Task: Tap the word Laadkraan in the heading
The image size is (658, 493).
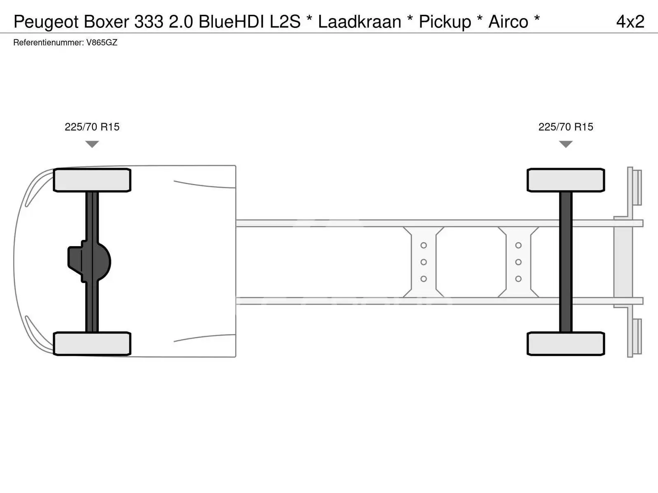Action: (x=359, y=21)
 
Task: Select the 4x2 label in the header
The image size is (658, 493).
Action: (x=630, y=21)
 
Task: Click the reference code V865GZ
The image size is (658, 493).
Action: (x=102, y=42)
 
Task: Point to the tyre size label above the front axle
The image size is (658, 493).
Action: (x=92, y=127)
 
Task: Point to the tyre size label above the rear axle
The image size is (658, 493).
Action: (x=565, y=127)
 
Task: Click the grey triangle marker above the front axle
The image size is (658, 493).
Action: (x=92, y=144)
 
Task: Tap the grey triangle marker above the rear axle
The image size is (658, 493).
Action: (x=565, y=144)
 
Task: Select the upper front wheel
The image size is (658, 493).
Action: (x=92, y=180)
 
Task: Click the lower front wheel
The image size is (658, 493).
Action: (x=92, y=343)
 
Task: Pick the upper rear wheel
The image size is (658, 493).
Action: (x=565, y=180)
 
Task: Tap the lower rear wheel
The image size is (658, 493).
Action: (x=565, y=343)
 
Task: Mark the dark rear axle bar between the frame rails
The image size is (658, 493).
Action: (x=565, y=262)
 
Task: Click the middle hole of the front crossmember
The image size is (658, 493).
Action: (x=424, y=262)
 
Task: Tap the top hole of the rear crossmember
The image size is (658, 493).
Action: (x=518, y=245)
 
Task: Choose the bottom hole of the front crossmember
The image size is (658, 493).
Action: (x=424, y=279)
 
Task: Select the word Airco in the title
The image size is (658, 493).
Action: (x=508, y=21)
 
